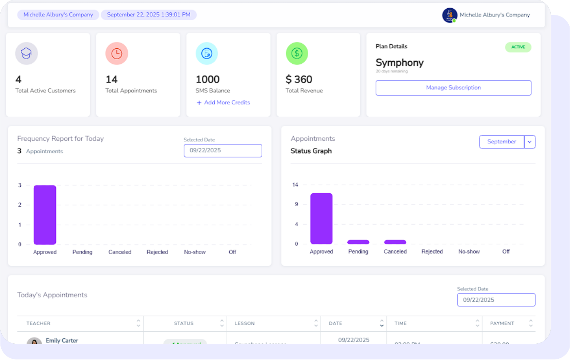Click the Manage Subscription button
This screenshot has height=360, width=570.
coord(453,88)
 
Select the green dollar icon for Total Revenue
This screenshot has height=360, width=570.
coord(297,53)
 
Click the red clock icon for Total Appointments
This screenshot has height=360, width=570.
coord(117,53)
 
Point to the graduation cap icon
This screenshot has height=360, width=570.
coord(27,53)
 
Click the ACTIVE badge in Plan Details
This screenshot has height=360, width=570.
coord(518,47)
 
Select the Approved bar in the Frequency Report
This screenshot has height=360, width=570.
coord(45,215)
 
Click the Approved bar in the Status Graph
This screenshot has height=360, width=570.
coord(321,218)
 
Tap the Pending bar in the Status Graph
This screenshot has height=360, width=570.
coord(358,242)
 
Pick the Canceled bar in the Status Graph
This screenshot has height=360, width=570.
coord(395,242)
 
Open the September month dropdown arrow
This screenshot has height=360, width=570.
coord(530,142)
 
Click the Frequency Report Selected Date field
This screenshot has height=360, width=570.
coord(223,150)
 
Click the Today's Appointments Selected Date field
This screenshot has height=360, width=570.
coord(496,300)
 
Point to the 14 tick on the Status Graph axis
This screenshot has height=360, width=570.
coord(295,185)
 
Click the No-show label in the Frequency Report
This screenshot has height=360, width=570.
coord(195,252)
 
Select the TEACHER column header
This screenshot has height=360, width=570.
coord(38,323)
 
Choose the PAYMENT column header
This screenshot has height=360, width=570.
coord(502,323)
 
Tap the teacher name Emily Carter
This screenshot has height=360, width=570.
coord(62,340)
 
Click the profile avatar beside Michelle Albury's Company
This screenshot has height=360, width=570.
coord(449,15)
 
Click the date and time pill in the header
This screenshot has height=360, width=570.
coord(148,15)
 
